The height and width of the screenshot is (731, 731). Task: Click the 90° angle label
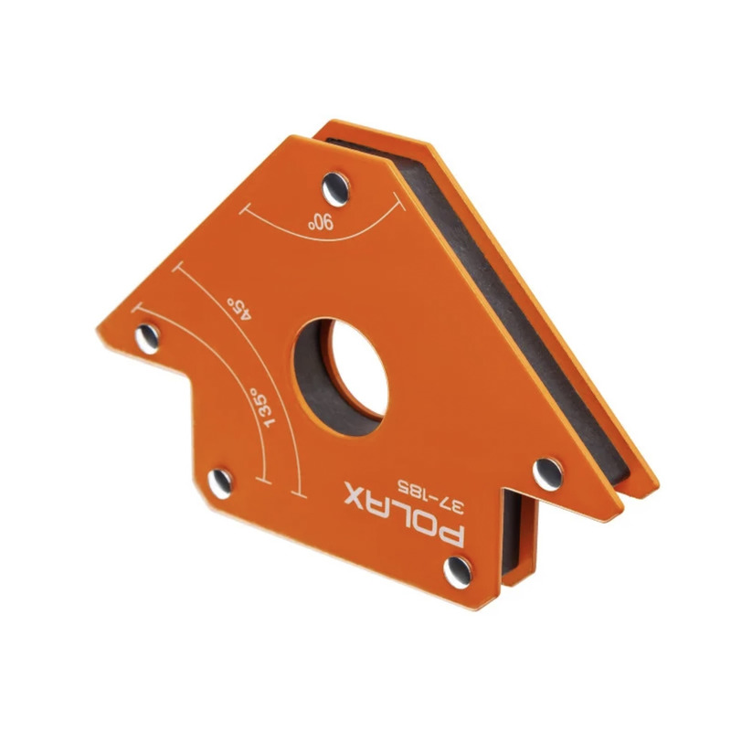point(322,222)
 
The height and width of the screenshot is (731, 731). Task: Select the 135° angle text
point(262,407)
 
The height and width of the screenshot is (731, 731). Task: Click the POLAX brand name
point(405,514)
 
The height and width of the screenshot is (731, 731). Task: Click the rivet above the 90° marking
point(335,189)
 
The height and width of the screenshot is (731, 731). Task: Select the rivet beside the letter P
point(458,572)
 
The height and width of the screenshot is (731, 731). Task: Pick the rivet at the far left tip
point(147,338)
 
